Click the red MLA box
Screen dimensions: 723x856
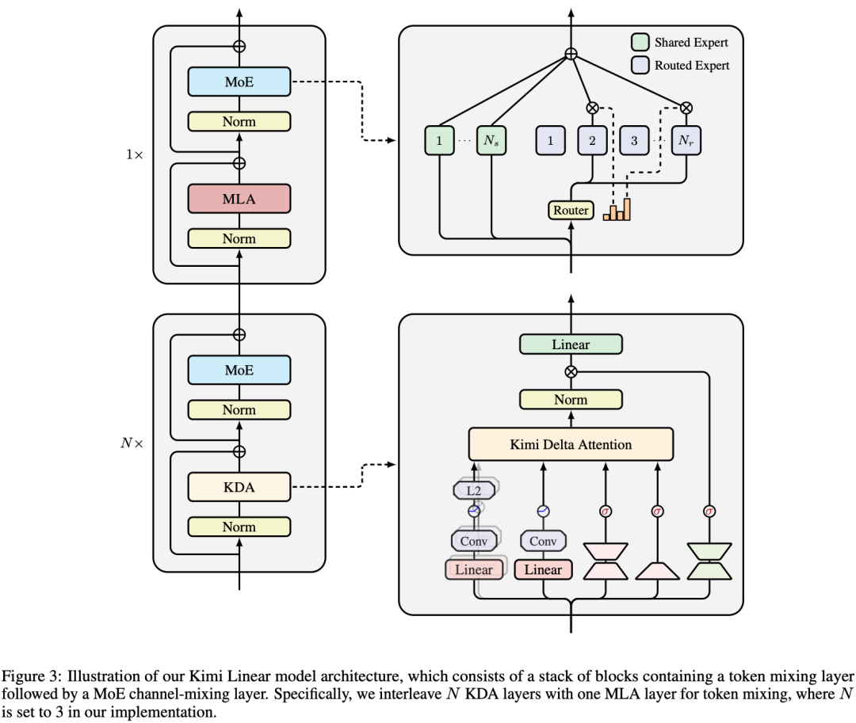(x=239, y=199)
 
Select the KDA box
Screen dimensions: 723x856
(x=239, y=487)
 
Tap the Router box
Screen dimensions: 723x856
(x=571, y=210)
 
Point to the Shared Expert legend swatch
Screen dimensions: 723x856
(x=640, y=42)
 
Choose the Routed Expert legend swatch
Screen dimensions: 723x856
(x=640, y=66)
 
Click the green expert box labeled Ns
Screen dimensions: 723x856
(x=491, y=141)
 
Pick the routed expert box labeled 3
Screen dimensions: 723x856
(x=634, y=141)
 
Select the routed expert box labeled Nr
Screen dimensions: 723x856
(x=686, y=141)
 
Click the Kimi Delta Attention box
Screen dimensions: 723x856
(x=571, y=444)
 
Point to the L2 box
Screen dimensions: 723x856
(x=473, y=491)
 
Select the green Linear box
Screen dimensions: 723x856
(x=571, y=344)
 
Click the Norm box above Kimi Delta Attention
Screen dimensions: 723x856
(x=571, y=400)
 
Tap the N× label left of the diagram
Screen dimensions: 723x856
(x=132, y=443)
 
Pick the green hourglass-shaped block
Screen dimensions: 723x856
(x=709, y=561)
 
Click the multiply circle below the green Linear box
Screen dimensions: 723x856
(x=571, y=371)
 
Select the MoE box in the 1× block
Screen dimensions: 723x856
(x=239, y=82)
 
